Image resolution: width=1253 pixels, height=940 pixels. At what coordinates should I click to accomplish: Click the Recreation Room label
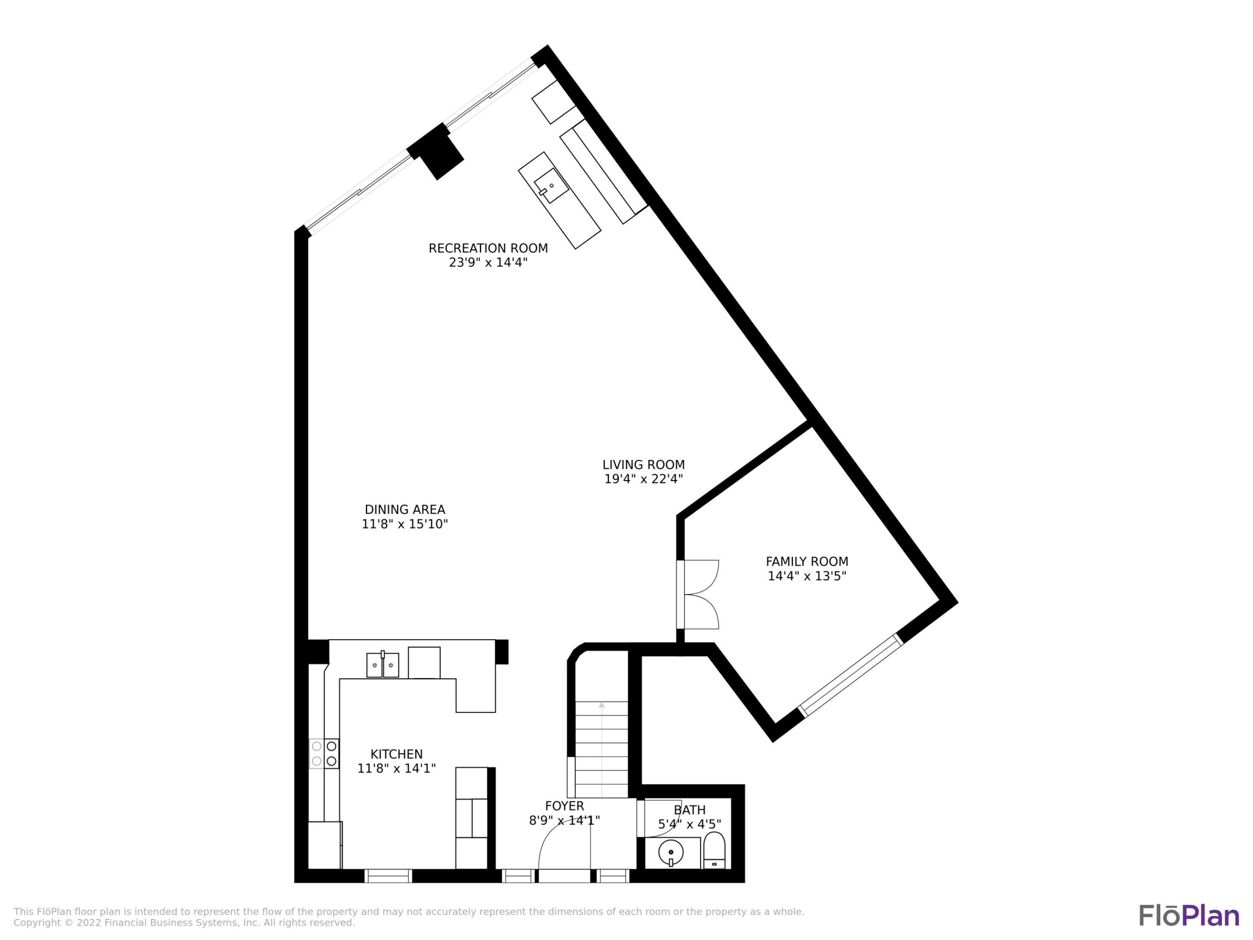488,248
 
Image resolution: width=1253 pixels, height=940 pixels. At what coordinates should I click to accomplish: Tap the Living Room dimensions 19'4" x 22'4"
643,479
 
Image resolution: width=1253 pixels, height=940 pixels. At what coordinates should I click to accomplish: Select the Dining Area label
405,509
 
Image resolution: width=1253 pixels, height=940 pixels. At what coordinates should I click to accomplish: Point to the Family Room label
807,561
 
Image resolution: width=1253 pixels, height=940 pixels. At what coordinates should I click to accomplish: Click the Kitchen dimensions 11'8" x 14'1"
396,768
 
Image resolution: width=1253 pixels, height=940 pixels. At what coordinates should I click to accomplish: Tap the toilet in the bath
714,850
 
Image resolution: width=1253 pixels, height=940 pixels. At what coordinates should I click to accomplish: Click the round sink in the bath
671,852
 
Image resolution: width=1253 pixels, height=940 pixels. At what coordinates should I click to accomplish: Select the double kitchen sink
382,665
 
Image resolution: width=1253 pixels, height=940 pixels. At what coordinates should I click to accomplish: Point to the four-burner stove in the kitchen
324,754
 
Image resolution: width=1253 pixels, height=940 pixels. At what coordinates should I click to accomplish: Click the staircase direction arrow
602,705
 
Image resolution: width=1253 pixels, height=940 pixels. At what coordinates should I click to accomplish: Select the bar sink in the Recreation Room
551,186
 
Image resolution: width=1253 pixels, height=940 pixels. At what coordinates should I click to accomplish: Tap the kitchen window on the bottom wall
388,876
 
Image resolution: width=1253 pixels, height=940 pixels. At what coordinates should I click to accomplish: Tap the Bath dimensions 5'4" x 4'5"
690,824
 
